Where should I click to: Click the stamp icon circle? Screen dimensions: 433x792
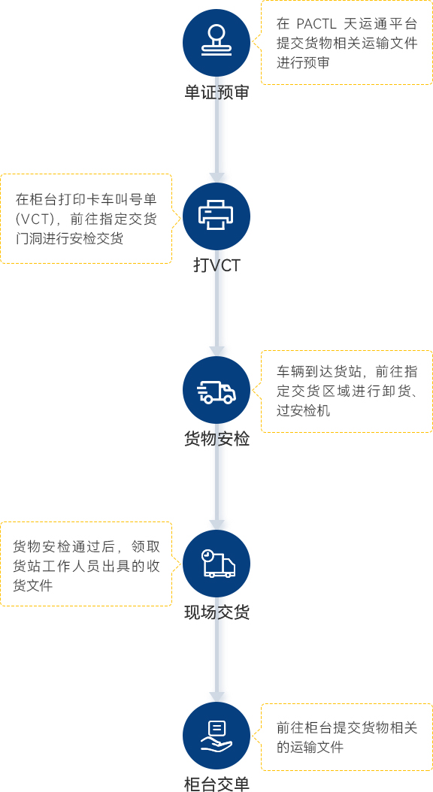pyautogui.click(x=216, y=43)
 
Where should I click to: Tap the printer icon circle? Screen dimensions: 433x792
pyautogui.click(x=216, y=216)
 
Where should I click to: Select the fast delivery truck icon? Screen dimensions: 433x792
pyautogui.click(x=216, y=390)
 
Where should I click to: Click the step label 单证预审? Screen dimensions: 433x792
pyautogui.click(x=216, y=93)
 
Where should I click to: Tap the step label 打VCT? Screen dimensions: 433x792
pyautogui.click(x=216, y=266)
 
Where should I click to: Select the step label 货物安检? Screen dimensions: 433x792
pyautogui.click(x=216, y=439)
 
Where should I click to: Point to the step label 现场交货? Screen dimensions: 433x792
pyautogui.click(x=216, y=612)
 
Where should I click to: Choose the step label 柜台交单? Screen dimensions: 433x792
pyautogui.click(x=216, y=784)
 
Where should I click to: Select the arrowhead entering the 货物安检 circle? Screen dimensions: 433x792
pyautogui.click(x=216, y=351)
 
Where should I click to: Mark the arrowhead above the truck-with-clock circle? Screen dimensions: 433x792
pyautogui.click(x=216, y=524)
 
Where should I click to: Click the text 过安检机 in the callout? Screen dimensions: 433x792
pyautogui.click(x=303, y=410)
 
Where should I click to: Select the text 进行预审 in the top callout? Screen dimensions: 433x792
pyautogui.click(x=303, y=63)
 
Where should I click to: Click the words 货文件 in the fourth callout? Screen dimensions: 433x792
pyautogui.click(x=33, y=586)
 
